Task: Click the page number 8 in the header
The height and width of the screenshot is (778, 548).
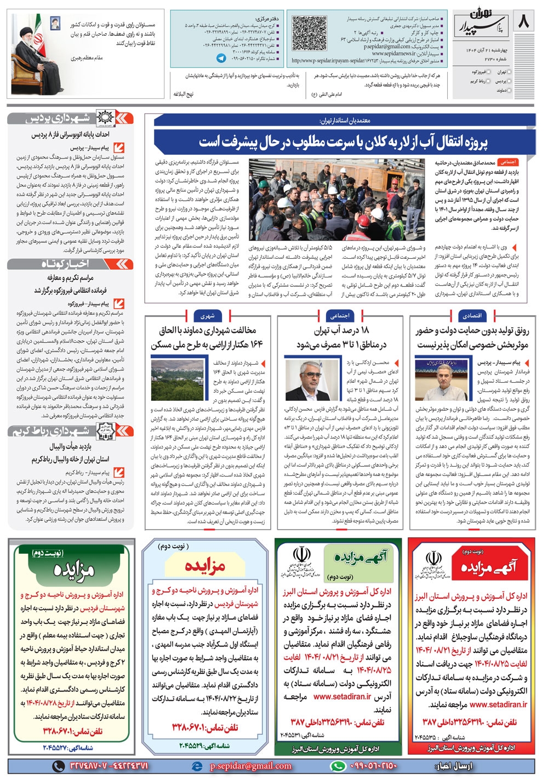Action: [x=523, y=22]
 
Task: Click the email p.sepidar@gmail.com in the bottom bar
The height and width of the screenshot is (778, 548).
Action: [x=251, y=766]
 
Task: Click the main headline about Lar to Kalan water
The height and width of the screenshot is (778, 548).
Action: [x=344, y=143]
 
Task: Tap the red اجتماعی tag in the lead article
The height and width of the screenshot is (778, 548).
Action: [x=507, y=162]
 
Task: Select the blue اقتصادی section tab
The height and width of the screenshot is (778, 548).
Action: [x=471, y=316]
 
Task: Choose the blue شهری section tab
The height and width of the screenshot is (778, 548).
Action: [x=207, y=316]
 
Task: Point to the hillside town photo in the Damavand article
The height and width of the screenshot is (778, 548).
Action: [x=176, y=380]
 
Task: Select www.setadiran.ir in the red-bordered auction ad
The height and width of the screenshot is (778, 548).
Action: [x=498, y=704]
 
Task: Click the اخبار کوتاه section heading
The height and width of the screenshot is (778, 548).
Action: [x=70, y=264]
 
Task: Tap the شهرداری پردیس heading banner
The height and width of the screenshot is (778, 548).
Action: [x=70, y=118]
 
